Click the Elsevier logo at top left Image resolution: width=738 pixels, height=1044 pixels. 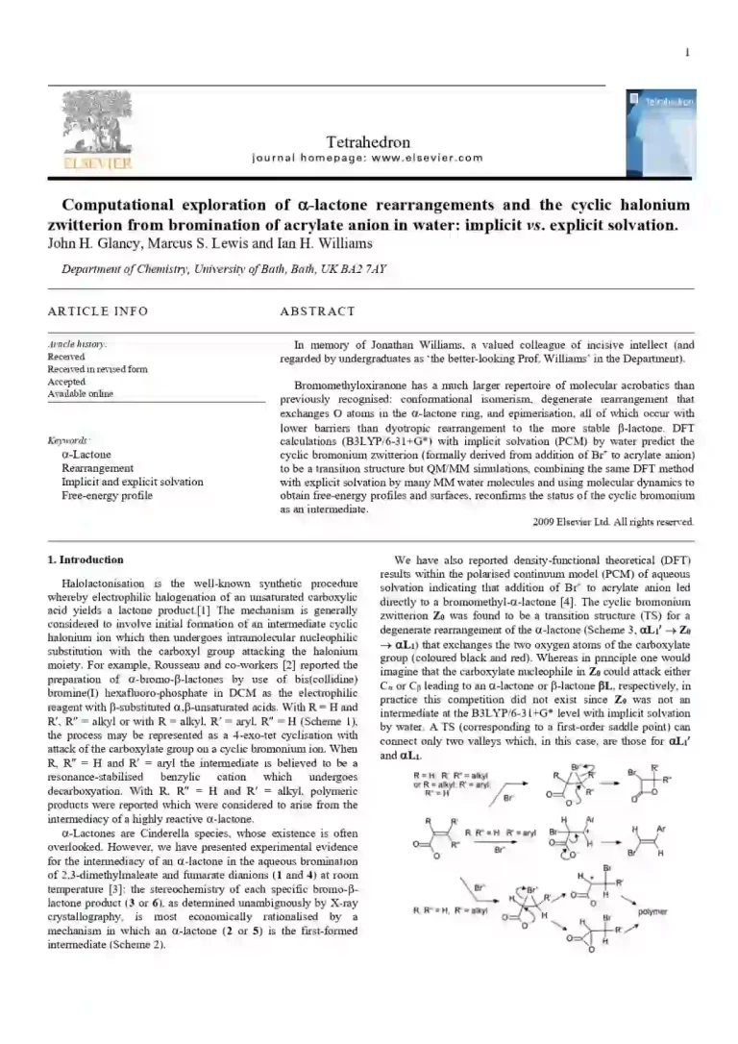coord(86,133)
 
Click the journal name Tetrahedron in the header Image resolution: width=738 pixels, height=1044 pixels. coord(368,142)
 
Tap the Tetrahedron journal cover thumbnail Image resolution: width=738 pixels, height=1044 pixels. coord(658,131)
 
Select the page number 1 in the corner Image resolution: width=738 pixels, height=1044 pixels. coord(687,53)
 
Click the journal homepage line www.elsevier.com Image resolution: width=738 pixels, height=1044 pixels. coord(367,159)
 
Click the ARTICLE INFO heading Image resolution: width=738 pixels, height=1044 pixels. coord(98,311)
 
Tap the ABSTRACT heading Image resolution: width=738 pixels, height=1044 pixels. coord(317,311)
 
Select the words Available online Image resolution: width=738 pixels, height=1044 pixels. coord(81,394)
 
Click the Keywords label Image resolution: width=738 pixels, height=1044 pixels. coord(69,441)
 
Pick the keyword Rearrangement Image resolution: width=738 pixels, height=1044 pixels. coord(97,468)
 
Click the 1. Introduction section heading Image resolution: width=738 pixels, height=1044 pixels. coord(86,559)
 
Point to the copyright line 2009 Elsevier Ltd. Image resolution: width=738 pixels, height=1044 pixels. coord(612,522)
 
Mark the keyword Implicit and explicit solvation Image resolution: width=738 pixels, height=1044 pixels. coord(132,482)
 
